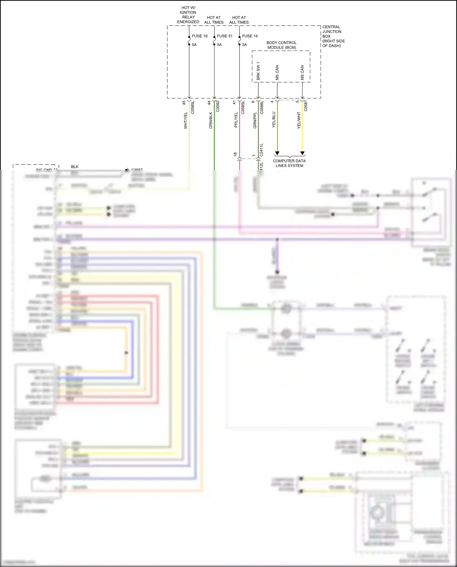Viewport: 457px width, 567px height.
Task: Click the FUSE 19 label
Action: pyautogui.click(x=200, y=36)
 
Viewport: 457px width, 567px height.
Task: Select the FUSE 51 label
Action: pyautogui.click(x=225, y=36)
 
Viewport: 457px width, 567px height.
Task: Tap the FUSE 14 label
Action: pyautogui.click(x=250, y=36)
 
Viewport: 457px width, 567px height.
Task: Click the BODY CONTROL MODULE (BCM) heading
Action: pyautogui.click(x=282, y=45)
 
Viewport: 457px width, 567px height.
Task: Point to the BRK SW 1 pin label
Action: pyautogui.click(x=258, y=71)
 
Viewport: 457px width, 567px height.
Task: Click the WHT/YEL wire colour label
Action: pyautogui.click(x=186, y=120)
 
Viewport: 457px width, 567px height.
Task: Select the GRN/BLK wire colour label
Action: pyautogui.click(x=211, y=120)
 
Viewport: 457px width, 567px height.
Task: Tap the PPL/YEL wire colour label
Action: pyautogui.click(x=236, y=120)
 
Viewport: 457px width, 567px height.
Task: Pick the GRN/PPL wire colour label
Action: pyautogui.click(x=255, y=120)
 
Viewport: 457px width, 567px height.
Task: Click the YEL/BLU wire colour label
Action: pyautogui.click(x=274, y=120)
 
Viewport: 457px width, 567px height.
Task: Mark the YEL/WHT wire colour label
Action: pyautogui.click(x=299, y=120)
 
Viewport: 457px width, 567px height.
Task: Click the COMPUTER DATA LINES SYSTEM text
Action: pyautogui.click(x=289, y=163)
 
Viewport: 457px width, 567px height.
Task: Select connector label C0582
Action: pyautogui.click(x=218, y=106)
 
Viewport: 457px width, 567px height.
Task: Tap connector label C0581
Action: pyautogui.click(x=306, y=106)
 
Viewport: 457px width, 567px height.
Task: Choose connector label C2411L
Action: pyautogui.click(x=261, y=150)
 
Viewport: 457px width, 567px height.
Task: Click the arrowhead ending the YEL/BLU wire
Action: pyautogui.click(x=277, y=153)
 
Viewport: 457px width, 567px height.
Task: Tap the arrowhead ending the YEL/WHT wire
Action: pyautogui.click(x=303, y=153)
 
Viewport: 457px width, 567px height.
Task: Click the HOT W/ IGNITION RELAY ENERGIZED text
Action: pyautogui.click(x=188, y=15)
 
